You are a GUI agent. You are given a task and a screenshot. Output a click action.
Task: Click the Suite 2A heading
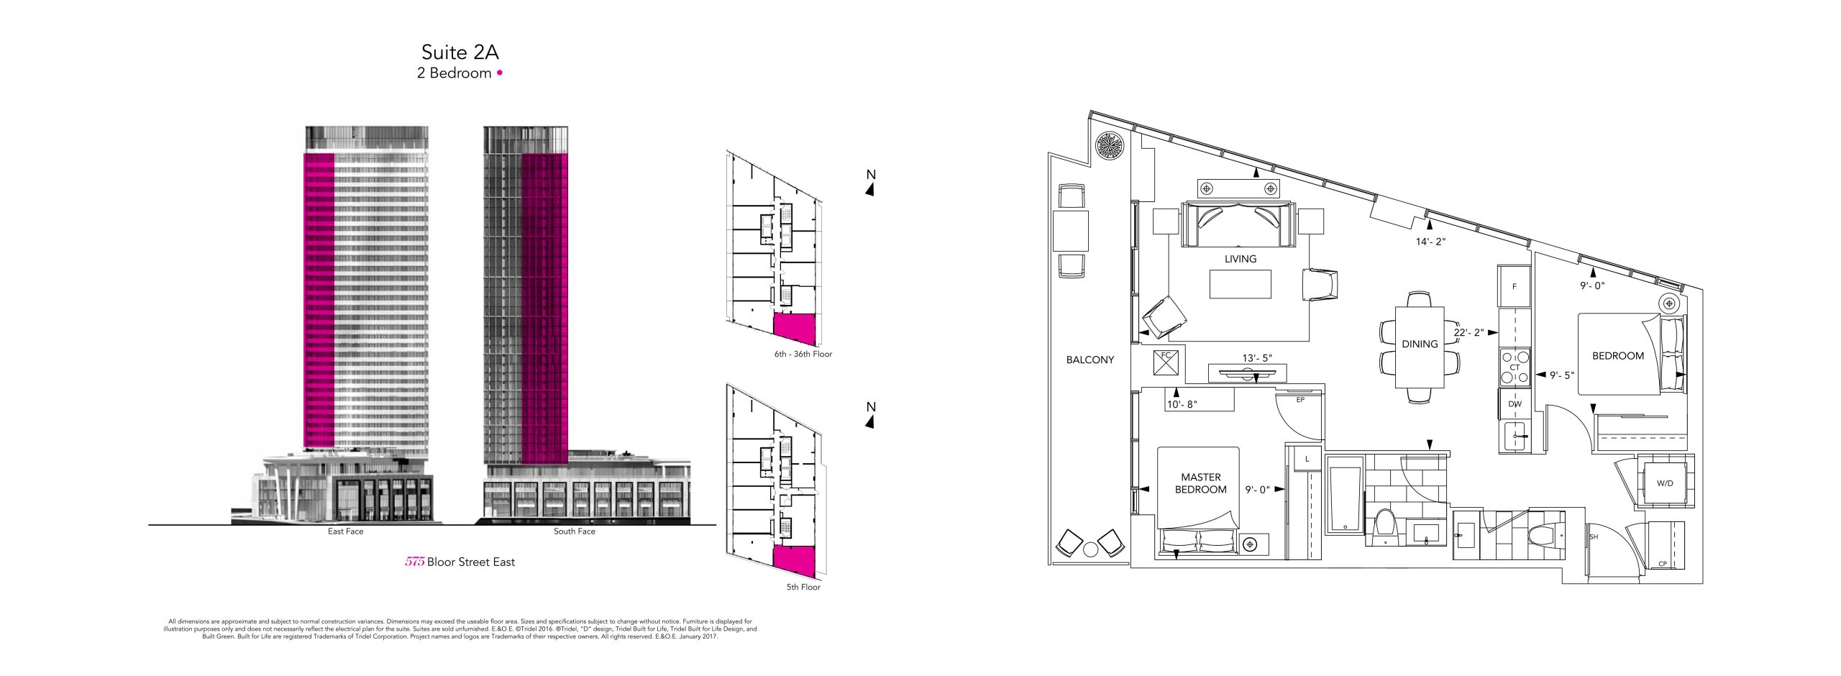(460, 52)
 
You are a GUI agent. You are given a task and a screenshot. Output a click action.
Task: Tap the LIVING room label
(1241, 259)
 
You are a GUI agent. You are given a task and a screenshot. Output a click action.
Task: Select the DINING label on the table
(1420, 344)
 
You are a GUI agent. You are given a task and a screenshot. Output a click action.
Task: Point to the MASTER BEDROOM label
(1201, 483)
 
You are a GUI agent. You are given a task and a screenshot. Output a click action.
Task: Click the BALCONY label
(1090, 360)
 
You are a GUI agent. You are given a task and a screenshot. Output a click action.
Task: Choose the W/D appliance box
(1665, 483)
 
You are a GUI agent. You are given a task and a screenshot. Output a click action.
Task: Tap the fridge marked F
(1514, 286)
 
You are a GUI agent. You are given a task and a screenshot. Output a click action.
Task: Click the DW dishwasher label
(1515, 404)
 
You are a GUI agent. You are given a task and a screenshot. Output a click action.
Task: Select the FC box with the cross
(1166, 362)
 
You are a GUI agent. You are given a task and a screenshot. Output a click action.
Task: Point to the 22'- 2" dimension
(1468, 333)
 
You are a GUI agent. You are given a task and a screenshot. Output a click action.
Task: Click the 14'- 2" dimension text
(1430, 242)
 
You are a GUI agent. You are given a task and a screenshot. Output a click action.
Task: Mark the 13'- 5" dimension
(1257, 358)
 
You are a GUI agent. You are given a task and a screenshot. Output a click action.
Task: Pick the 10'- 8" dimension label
(1182, 404)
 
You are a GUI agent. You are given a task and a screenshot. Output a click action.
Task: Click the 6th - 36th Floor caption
(803, 354)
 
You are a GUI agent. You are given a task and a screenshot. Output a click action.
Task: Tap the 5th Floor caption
(803, 587)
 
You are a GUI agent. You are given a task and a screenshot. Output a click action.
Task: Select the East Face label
(346, 531)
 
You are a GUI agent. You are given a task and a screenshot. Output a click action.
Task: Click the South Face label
(575, 531)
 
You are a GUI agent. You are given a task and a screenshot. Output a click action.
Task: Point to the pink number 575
(414, 562)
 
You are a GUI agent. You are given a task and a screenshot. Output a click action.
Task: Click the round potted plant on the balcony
(1109, 146)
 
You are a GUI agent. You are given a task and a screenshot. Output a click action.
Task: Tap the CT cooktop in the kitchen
(1515, 367)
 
